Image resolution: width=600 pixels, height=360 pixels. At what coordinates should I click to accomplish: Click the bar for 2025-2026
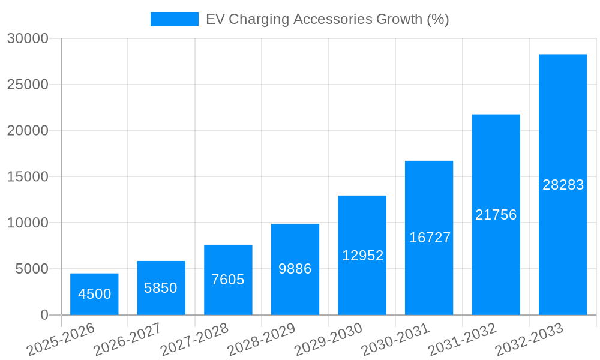click(94, 294)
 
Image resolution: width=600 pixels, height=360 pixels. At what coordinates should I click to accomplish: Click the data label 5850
click(161, 288)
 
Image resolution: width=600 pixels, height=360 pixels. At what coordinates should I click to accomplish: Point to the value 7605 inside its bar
click(228, 280)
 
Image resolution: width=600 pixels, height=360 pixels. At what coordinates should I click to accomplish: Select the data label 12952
click(362, 256)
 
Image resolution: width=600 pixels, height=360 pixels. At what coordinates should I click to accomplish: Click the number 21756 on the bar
click(496, 215)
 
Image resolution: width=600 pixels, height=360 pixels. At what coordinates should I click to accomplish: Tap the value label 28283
click(563, 185)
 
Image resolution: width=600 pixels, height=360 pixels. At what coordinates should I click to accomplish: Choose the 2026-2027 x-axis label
click(128, 339)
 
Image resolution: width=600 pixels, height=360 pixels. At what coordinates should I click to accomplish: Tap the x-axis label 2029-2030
click(329, 339)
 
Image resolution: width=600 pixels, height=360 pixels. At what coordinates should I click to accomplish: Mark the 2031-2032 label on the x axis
click(463, 339)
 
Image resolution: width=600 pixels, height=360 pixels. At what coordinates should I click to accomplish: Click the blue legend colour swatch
click(174, 19)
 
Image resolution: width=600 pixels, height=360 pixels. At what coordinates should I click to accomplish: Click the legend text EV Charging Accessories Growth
click(327, 19)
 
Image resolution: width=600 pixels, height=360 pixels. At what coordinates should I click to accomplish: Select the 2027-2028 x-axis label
click(195, 339)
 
